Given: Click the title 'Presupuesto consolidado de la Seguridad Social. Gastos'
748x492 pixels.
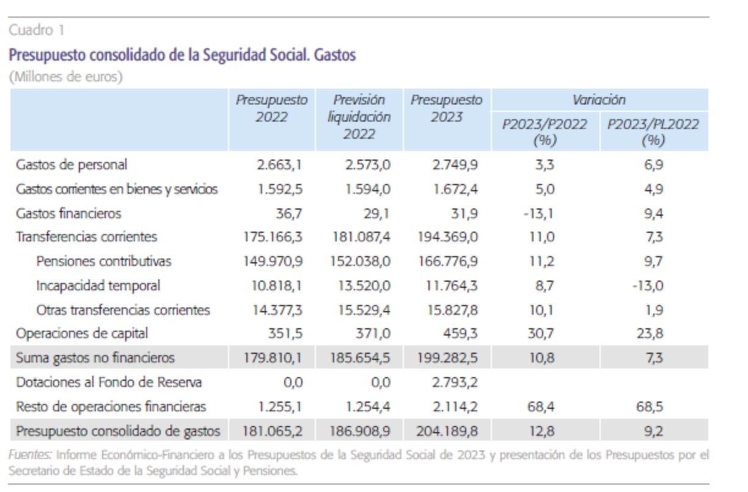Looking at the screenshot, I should click(182, 56).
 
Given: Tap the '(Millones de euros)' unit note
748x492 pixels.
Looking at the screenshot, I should click(55, 78).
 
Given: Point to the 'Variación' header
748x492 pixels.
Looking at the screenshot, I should click(599, 100).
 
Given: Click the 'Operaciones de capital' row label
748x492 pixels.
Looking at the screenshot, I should click(82, 334).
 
